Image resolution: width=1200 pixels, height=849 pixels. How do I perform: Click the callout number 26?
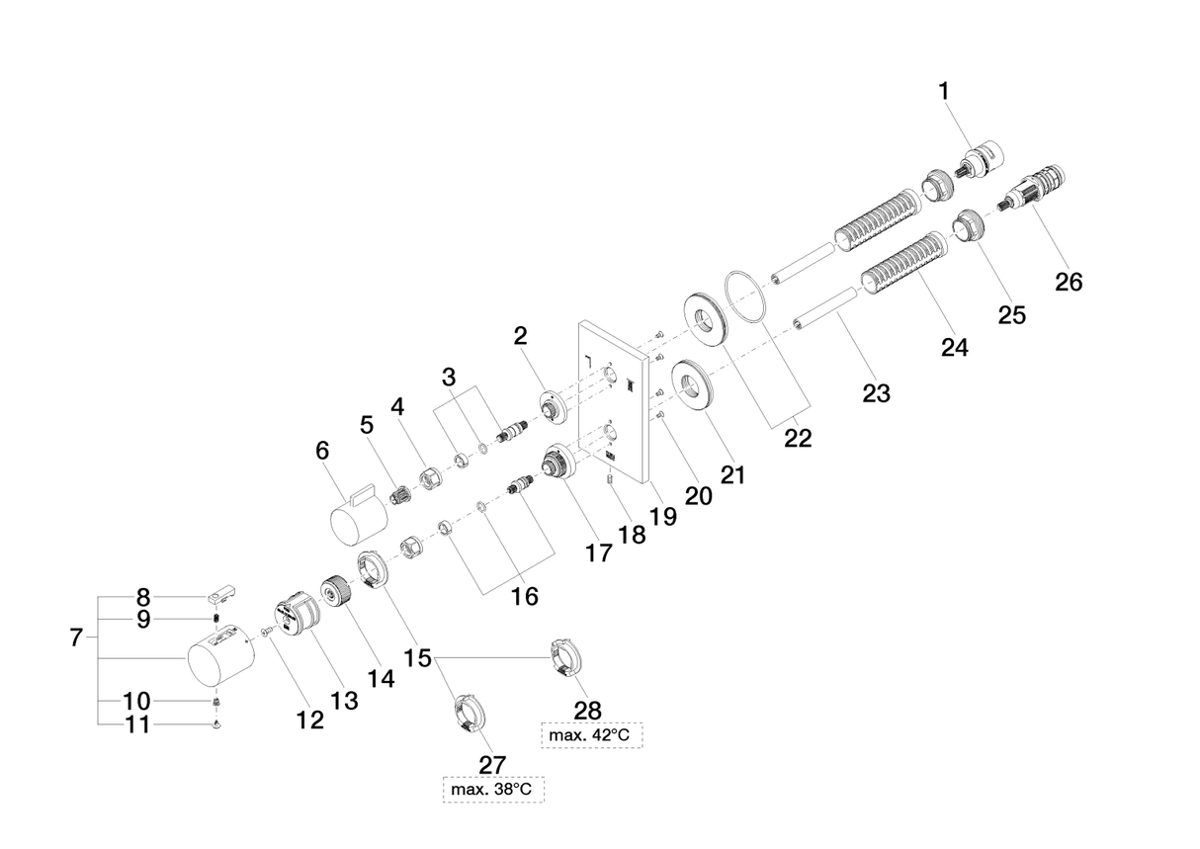[x=1069, y=282]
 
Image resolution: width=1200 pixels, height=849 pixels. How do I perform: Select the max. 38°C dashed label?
[x=493, y=790]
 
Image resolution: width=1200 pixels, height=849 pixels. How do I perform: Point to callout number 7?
[x=77, y=638]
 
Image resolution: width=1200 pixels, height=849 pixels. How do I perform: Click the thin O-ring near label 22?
[x=746, y=296]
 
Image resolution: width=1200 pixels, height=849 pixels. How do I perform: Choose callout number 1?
[x=944, y=91]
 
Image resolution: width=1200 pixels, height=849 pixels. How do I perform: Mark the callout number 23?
[x=876, y=393]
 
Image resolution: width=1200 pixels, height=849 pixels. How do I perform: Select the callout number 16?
[x=524, y=596]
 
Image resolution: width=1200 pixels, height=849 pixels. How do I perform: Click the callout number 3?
[x=450, y=377]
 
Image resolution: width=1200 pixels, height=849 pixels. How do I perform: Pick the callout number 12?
[x=309, y=721]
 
